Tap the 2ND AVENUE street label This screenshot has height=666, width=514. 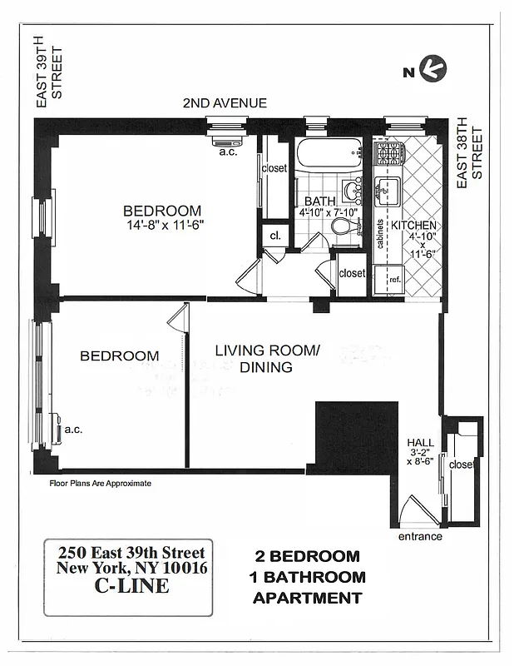tap(225, 103)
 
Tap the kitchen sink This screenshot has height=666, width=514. tap(387, 191)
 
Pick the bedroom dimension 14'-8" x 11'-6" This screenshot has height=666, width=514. tap(165, 224)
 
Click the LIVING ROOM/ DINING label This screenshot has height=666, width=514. tap(266, 359)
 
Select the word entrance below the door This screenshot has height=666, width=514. tap(419, 536)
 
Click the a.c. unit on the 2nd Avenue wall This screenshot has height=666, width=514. tap(225, 140)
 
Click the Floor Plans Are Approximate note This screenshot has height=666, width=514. tap(101, 482)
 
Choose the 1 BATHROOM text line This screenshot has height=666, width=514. tap(307, 577)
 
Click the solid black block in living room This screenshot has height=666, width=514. tap(353, 437)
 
